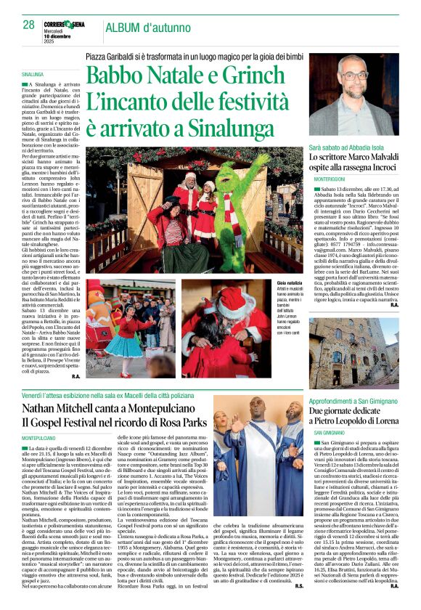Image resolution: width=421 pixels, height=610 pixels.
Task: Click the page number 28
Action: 29,25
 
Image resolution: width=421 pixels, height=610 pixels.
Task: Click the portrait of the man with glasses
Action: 353,95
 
